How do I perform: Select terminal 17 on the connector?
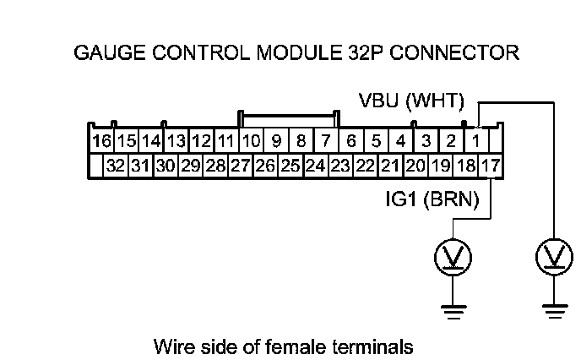(490, 166)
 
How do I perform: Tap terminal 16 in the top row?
(102, 139)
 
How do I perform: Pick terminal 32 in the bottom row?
(115, 166)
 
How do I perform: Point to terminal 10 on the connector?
(250, 139)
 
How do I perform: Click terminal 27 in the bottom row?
(240, 166)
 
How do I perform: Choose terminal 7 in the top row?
(326, 139)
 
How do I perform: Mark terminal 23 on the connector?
(340, 166)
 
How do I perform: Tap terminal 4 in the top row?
(401, 139)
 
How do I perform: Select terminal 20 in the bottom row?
(415, 166)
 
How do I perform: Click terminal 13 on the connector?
(176, 139)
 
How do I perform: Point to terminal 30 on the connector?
(165, 166)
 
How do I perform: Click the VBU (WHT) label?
(411, 102)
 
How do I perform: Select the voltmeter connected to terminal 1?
(554, 255)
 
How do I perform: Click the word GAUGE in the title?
(106, 53)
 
